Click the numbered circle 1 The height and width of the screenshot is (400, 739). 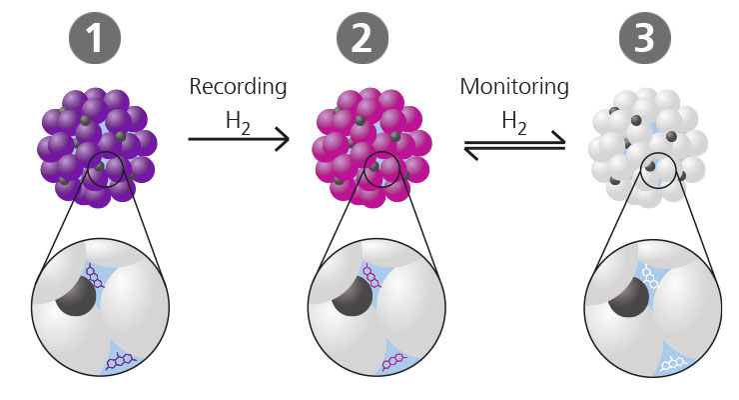coord(94,41)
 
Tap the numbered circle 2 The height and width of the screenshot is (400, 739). coord(370,41)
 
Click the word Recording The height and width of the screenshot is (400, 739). coord(238,87)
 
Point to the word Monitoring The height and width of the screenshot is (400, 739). coord(514,87)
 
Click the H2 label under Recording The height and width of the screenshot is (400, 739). coord(238,123)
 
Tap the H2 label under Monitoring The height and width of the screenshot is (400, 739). coord(514,123)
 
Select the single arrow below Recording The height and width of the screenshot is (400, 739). coord(238,140)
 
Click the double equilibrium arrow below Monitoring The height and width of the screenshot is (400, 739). coord(514,147)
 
